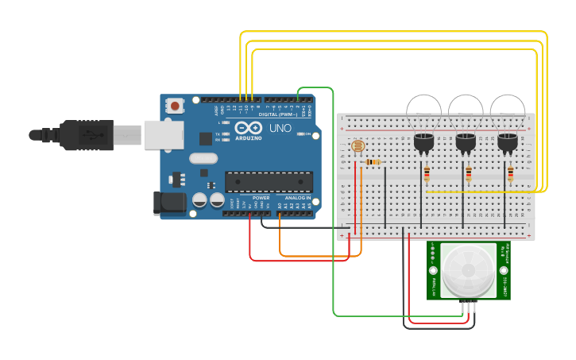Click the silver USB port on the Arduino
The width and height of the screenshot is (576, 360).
[164, 134]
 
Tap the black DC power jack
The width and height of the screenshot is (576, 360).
[170, 202]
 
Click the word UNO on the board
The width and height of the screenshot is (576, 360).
[280, 128]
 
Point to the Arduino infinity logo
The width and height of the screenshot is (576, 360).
[248, 128]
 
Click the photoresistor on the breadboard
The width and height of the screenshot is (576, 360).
[358, 146]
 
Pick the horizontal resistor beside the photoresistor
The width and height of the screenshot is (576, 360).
[373, 162]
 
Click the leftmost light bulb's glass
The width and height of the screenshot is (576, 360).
[423, 111]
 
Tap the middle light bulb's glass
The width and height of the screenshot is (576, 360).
[466, 111]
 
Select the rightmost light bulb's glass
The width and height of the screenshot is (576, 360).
[507, 111]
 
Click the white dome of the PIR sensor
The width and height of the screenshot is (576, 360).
[469, 270]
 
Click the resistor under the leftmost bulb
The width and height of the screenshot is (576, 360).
[427, 173]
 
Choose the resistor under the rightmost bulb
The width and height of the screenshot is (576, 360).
[510, 173]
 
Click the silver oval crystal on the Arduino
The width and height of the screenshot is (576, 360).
[203, 158]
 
